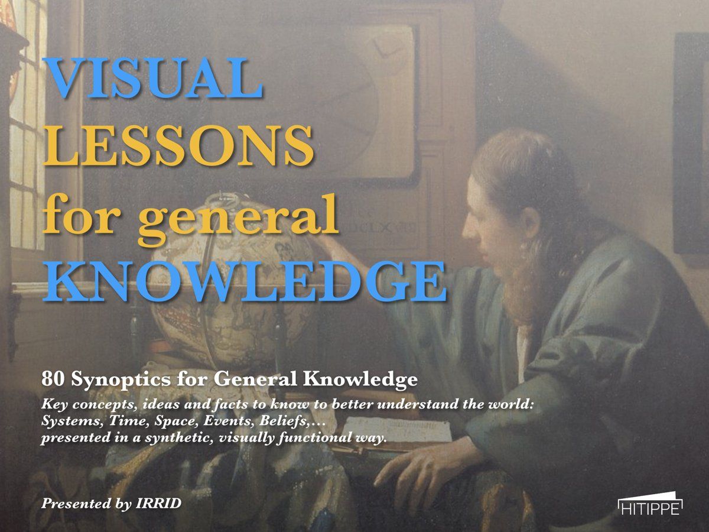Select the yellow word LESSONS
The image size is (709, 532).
(178, 145)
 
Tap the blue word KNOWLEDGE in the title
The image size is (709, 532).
(245, 281)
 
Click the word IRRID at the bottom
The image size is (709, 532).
(158, 503)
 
